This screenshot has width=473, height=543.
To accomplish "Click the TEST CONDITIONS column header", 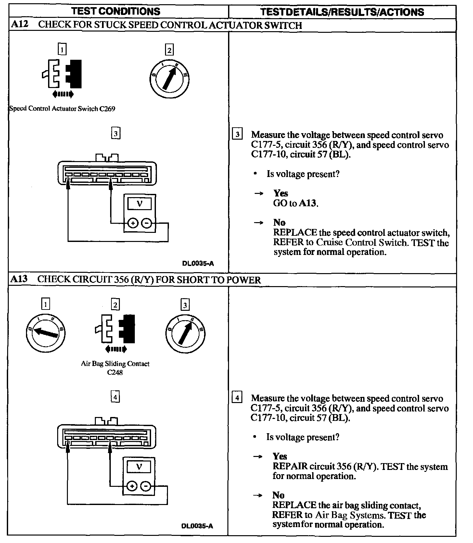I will point(116,11).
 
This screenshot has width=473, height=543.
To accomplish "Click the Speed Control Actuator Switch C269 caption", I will point(62,109).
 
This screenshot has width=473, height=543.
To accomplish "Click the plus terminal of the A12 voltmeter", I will point(133,223).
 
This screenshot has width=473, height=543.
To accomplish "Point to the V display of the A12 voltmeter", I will point(140,204).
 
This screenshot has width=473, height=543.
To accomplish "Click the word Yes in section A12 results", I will point(281,194).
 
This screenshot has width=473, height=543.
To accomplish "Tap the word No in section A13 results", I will point(278,495).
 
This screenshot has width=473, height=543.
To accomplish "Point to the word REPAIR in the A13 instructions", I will point(290,467).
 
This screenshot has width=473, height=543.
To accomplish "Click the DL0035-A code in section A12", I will point(198,264).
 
